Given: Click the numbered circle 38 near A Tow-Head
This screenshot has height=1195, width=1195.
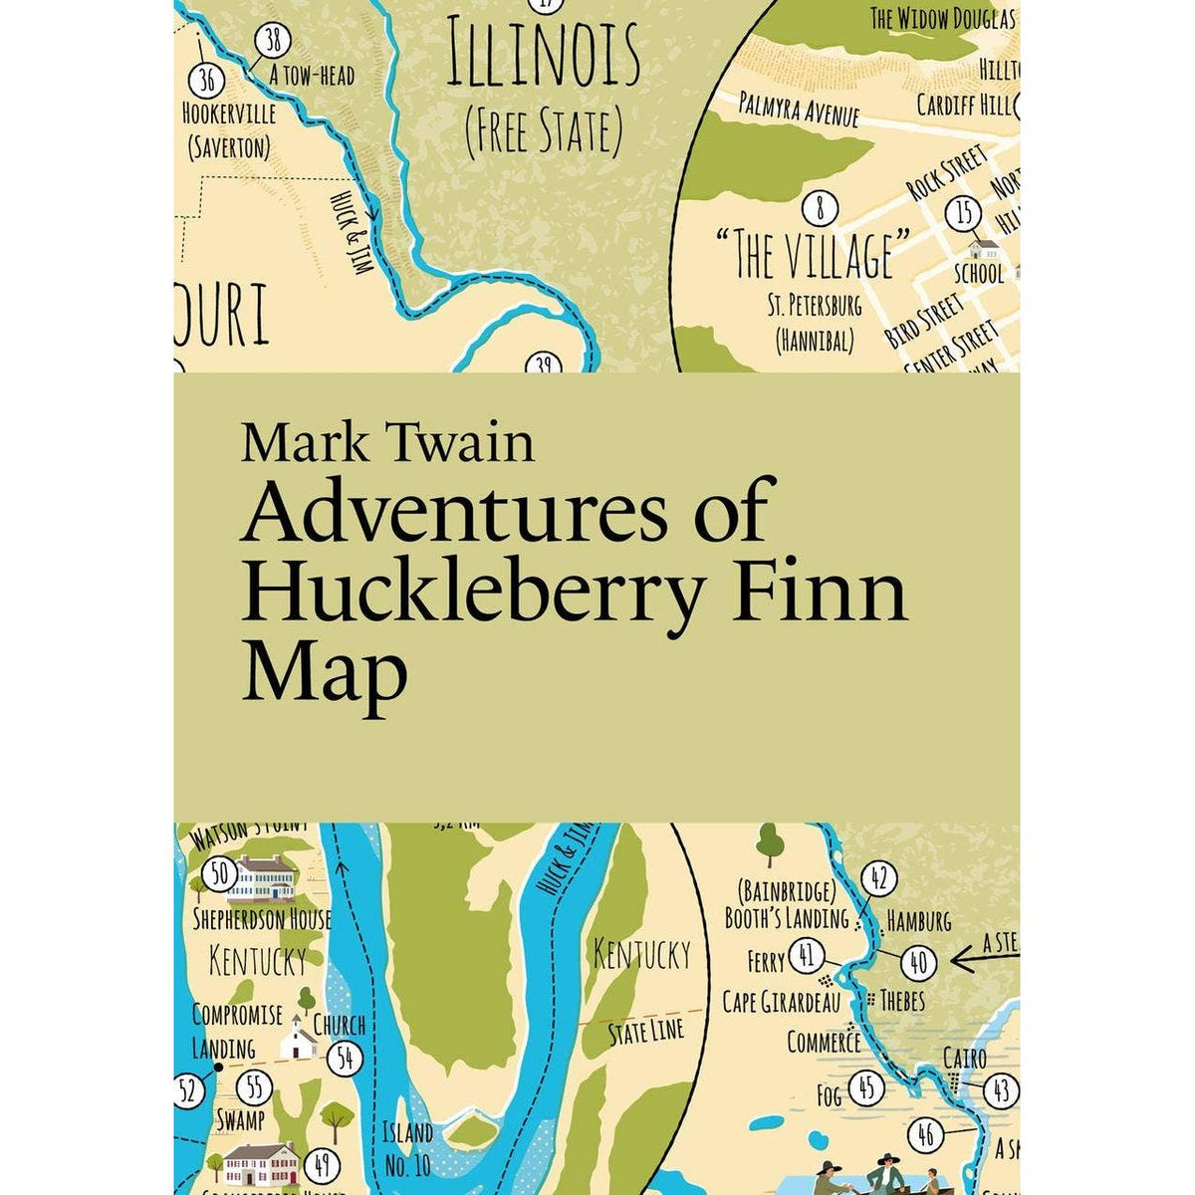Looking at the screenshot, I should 272,41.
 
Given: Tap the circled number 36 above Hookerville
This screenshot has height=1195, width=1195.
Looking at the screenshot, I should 206,79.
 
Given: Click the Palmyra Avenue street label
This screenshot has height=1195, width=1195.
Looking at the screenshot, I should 799,108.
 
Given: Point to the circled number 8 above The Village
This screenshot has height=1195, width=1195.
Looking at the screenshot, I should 820,208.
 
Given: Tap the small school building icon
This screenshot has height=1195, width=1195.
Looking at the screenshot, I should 983,247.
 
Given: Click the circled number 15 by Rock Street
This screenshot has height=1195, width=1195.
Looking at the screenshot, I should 963,213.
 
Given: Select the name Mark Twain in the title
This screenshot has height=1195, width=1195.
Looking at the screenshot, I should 387,443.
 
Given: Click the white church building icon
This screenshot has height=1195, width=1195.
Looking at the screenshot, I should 297,1041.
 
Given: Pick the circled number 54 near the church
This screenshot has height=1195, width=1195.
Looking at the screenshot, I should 346,1059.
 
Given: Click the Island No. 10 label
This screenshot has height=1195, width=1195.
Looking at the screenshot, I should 408,1146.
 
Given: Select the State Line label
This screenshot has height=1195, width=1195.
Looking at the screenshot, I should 646,1032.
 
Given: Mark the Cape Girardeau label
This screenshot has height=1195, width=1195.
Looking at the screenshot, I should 782,1002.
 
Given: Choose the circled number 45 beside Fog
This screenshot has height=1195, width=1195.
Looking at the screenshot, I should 866,1088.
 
